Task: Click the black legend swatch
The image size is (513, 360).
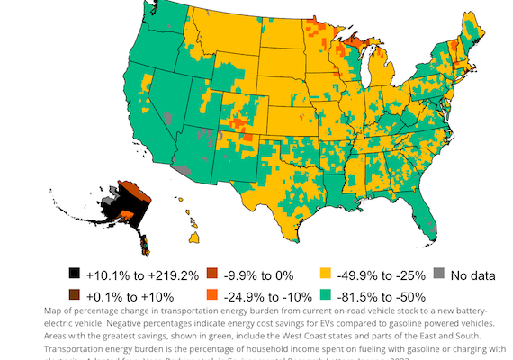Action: [75, 273]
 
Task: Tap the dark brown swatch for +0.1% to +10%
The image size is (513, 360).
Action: [75, 293]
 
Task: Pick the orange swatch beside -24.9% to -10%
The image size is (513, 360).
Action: [212, 293]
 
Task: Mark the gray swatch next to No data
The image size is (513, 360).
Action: [438, 273]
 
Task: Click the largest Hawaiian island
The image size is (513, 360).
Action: [193, 238]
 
